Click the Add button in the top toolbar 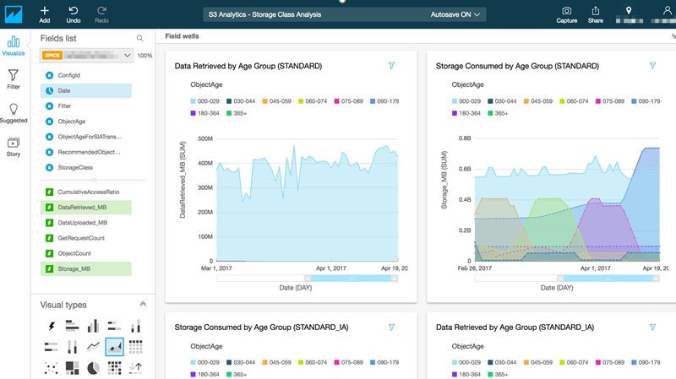44,14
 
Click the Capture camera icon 566,14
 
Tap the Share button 595,14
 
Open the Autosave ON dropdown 456,14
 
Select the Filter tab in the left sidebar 13,79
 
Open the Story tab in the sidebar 13,147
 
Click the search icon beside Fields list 140,38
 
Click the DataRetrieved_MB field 82,208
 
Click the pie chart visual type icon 94,367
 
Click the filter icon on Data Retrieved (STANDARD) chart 391,66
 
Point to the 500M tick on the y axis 204,138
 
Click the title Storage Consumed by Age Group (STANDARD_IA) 261,327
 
